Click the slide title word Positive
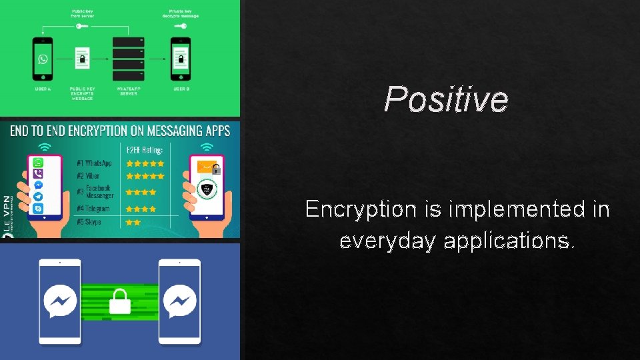coord(446,99)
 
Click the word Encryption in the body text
coord(361,209)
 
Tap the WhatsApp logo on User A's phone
coord(43,59)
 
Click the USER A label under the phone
coord(43,88)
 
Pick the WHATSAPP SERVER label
coord(127,91)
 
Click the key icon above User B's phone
coord(181,26)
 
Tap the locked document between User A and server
coord(82,60)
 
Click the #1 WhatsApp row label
coord(94,163)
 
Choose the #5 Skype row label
coord(89,221)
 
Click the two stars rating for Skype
coord(133,221)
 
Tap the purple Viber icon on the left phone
coord(39,173)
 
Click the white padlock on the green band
coord(121,301)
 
